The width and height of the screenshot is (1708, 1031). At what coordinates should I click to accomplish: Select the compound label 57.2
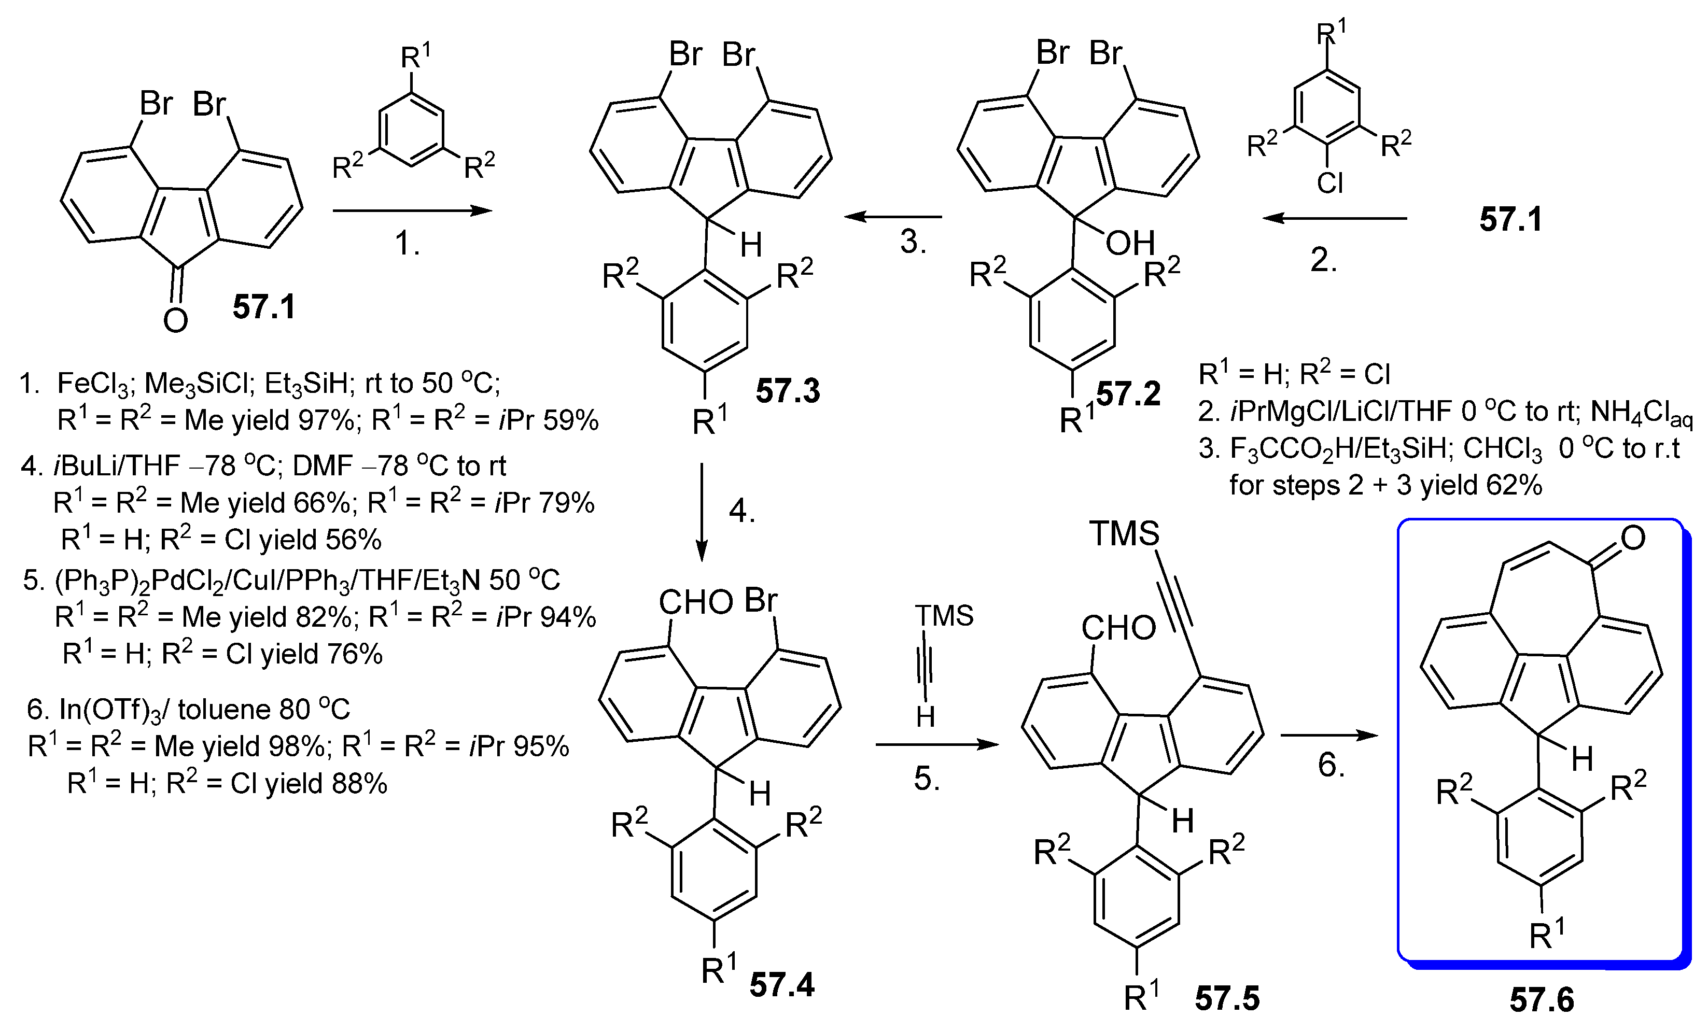pyautogui.click(x=1128, y=393)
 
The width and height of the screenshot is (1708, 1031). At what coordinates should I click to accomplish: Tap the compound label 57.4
pyautogui.click(x=782, y=984)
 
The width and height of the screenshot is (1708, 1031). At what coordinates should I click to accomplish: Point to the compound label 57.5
pyautogui.click(x=1227, y=998)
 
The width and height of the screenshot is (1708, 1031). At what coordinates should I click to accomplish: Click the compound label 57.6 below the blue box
pyautogui.click(x=1542, y=1000)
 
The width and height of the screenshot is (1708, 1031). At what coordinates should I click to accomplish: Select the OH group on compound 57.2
pyautogui.click(x=1130, y=243)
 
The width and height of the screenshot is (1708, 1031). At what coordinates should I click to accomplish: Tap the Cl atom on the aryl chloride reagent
pyautogui.click(x=1329, y=183)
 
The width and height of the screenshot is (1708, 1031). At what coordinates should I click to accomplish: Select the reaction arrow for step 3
pyautogui.click(x=893, y=217)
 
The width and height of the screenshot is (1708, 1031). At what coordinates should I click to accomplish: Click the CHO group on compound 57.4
pyautogui.click(x=695, y=603)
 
